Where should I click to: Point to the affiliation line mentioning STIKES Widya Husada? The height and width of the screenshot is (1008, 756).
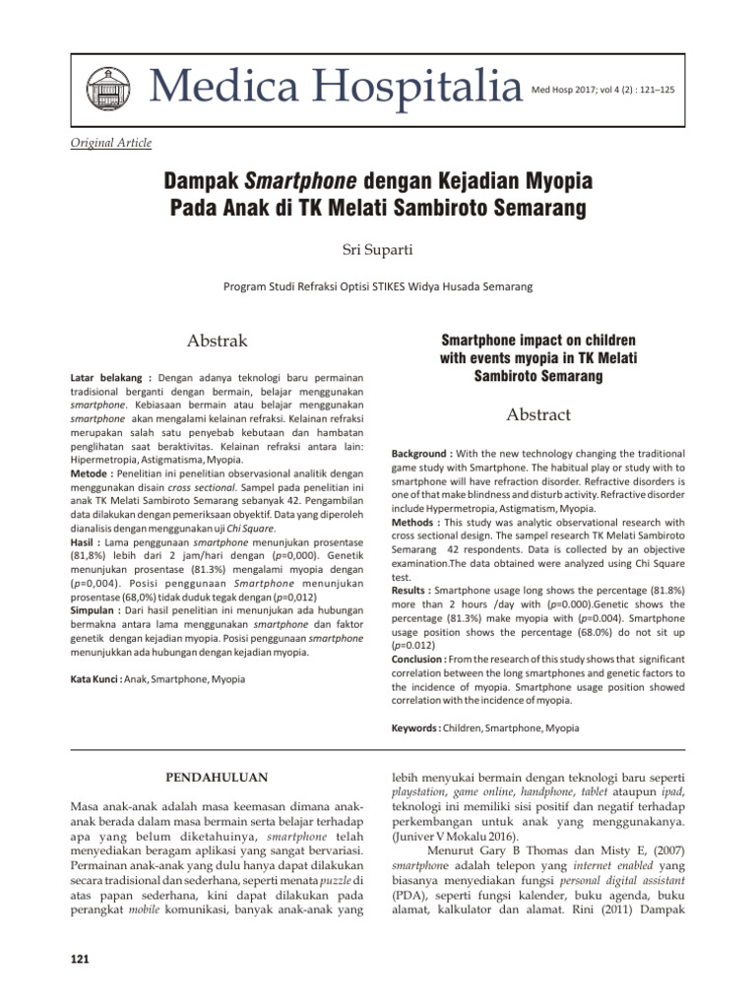[x=378, y=286]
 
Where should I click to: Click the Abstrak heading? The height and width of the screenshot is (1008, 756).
[x=218, y=342]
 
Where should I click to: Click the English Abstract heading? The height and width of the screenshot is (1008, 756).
[x=538, y=414]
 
